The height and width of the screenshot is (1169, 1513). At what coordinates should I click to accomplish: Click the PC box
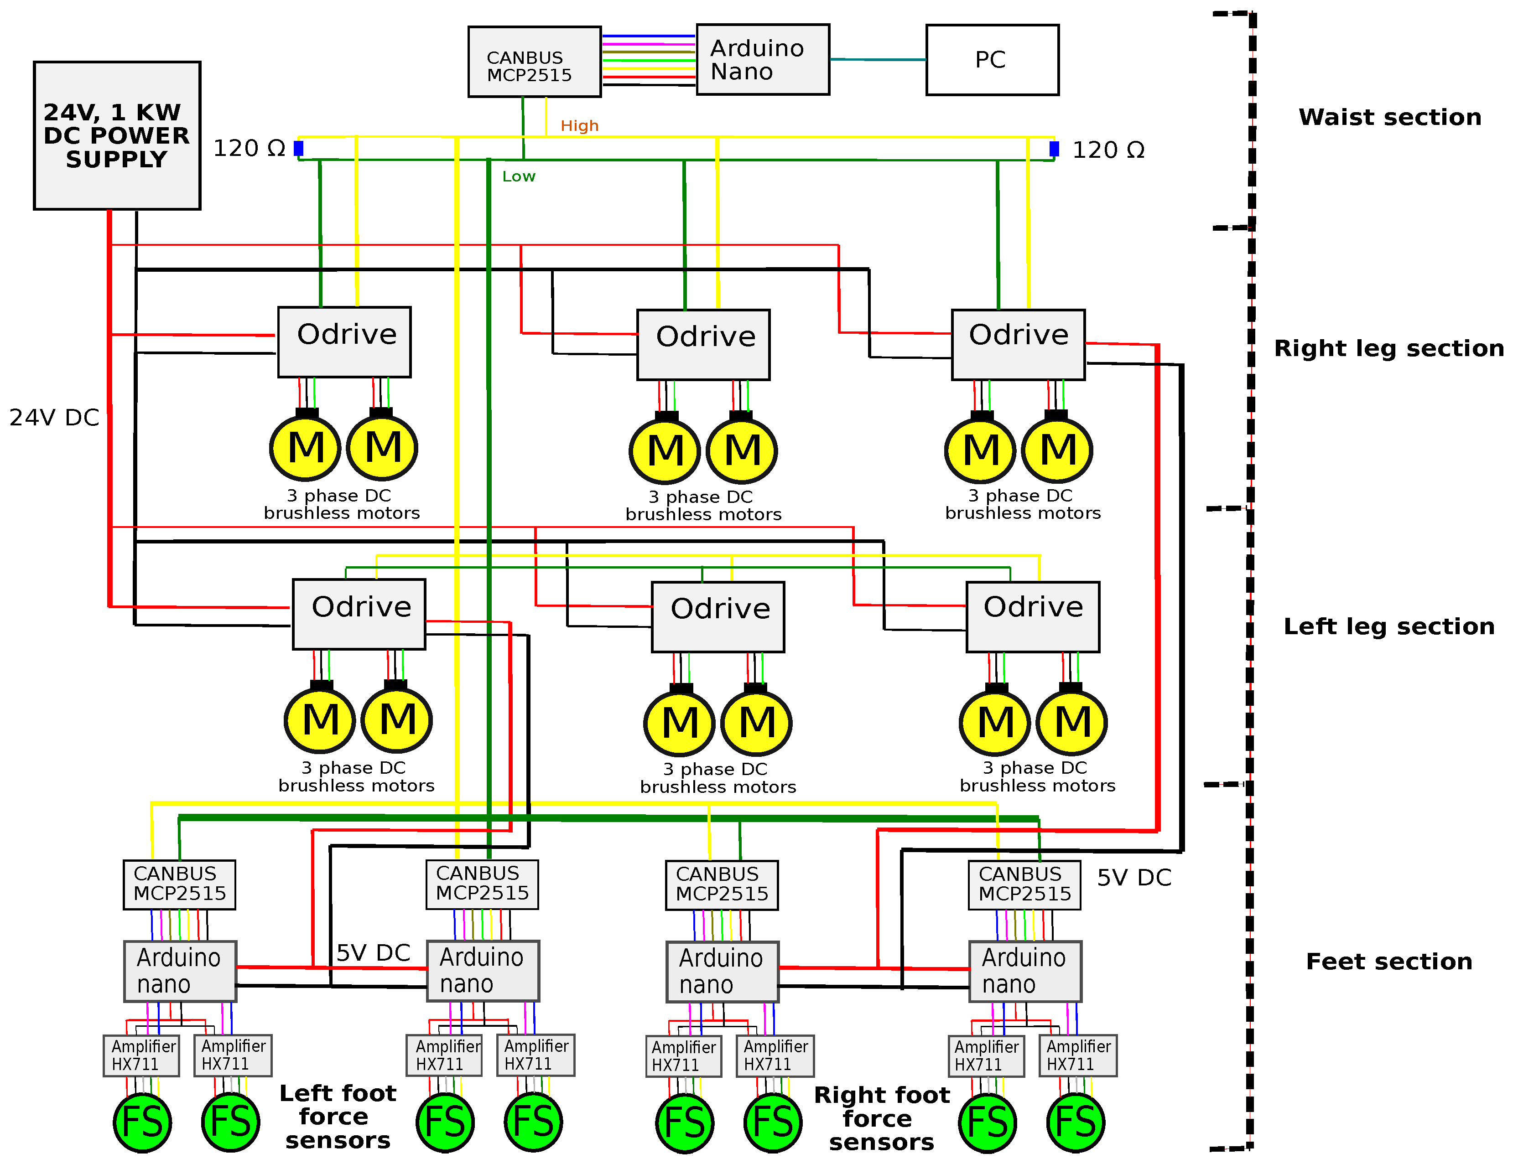click(x=992, y=60)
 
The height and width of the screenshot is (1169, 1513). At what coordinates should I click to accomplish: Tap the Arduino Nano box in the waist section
click(x=762, y=60)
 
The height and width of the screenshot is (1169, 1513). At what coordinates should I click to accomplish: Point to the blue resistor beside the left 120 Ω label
click(x=299, y=148)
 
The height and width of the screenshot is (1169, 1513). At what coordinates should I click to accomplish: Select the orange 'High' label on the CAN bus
click(x=579, y=126)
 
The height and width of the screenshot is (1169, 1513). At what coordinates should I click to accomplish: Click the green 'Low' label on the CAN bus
click(x=518, y=176)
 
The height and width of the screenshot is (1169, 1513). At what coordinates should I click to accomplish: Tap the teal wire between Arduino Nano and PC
click(x=878, y=60)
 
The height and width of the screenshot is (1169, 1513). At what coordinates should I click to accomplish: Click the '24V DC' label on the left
click(x=54, y=418)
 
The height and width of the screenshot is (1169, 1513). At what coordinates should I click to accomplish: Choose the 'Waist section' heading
click(x=1389, y=117)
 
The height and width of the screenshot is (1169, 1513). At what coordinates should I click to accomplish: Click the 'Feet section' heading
click(x=1388, y=961)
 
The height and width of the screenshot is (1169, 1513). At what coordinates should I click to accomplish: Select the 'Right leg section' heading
click(x=1388, y=348)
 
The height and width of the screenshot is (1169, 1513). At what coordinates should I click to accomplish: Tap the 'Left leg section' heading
click(x=1388, y=627)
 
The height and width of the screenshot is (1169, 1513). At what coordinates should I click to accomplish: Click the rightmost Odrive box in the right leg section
click(x=1018, y=345)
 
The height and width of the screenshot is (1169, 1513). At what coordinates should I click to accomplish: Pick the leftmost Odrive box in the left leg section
click(x=359, y=614)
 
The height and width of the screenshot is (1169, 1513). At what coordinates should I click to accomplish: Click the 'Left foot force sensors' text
click(x=338, y=1117)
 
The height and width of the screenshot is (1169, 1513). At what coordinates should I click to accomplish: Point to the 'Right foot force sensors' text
click(x=881, y=1118)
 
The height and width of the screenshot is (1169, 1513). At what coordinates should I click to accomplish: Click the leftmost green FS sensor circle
click(x=142, y=1122)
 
